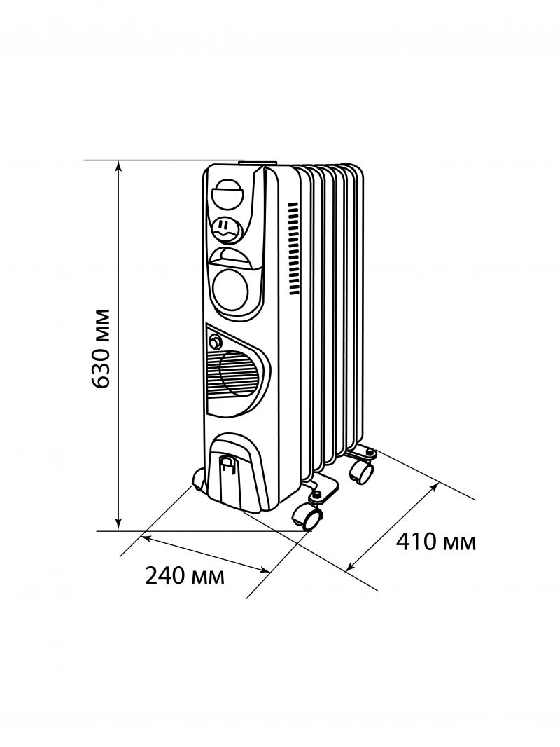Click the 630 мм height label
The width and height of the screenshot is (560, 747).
(x=102, y=348)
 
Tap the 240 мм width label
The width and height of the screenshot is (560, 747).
(x=185, y=576)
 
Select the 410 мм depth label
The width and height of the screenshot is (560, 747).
(x=436, y=542)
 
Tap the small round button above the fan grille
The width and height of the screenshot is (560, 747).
(x=214, y=343)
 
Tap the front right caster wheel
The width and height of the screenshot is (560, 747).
(x=309, y=519)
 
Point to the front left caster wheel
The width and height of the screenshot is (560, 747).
(x=199, y=481)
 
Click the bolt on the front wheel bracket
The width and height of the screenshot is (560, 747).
(x=316, y=496)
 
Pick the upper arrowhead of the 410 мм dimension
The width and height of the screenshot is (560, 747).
(x=435, y=484)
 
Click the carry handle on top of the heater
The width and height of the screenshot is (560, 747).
(x=256, y=163)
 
